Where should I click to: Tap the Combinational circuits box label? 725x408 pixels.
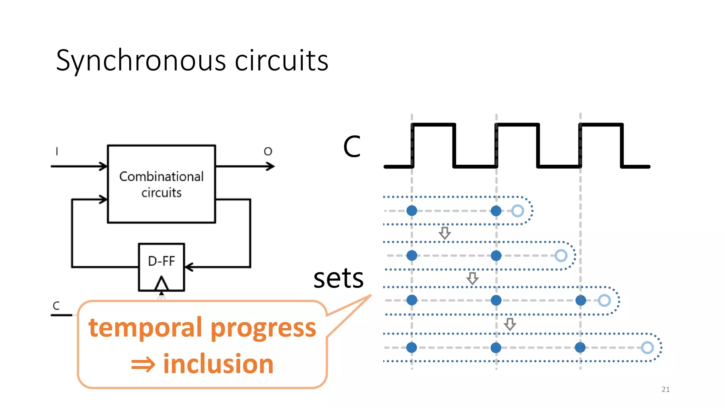[161, 184]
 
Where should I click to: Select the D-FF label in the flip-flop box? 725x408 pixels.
[161, 261]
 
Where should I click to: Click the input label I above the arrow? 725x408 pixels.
[57, 152]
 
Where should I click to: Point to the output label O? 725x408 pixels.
[268, 152]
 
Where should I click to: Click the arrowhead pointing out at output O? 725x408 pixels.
[271, 166]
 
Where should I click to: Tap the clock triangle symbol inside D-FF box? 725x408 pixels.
[161, 283]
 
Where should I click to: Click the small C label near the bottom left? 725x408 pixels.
[56, 306]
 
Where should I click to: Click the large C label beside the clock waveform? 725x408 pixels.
[352, 146]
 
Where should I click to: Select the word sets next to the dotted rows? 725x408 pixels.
[338, 278]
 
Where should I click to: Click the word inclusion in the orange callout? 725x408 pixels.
[218, 364]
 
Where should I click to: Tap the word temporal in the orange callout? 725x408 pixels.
[145, 328]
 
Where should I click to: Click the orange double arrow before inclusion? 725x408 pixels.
[143, 365]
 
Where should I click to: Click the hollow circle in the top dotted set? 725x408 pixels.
[518, 211]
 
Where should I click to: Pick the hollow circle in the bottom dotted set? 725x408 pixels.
[647, 347]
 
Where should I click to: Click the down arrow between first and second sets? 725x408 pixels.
[445, 233]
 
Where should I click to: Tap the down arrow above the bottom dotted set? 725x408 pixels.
[510, 324]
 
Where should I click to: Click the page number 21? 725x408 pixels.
[666, 389]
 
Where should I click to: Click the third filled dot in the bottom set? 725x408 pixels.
[580, 347]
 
